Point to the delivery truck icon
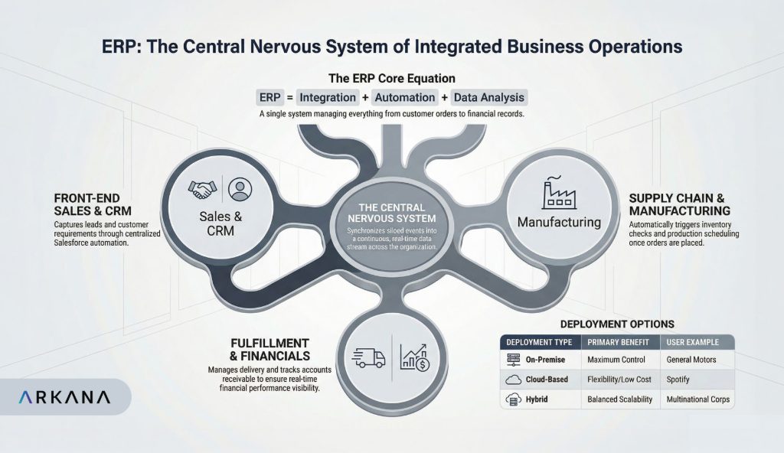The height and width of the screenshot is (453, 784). click(x=368, y=357)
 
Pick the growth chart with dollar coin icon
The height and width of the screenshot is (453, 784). click(x=417, y=357)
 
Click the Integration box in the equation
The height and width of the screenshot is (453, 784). click(x=327, y=97)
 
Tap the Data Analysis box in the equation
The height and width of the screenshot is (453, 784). click(x=489, y=97)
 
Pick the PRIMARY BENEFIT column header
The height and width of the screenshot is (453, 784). click(x=619, y=341)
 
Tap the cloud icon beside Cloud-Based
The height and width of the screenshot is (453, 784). click(x=513, y=379)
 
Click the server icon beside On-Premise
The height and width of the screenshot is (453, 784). click(x=513, y=359)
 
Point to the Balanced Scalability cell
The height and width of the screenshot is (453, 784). click(x=620, y=399)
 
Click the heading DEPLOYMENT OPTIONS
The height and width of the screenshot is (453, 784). click(x=617, y=324)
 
